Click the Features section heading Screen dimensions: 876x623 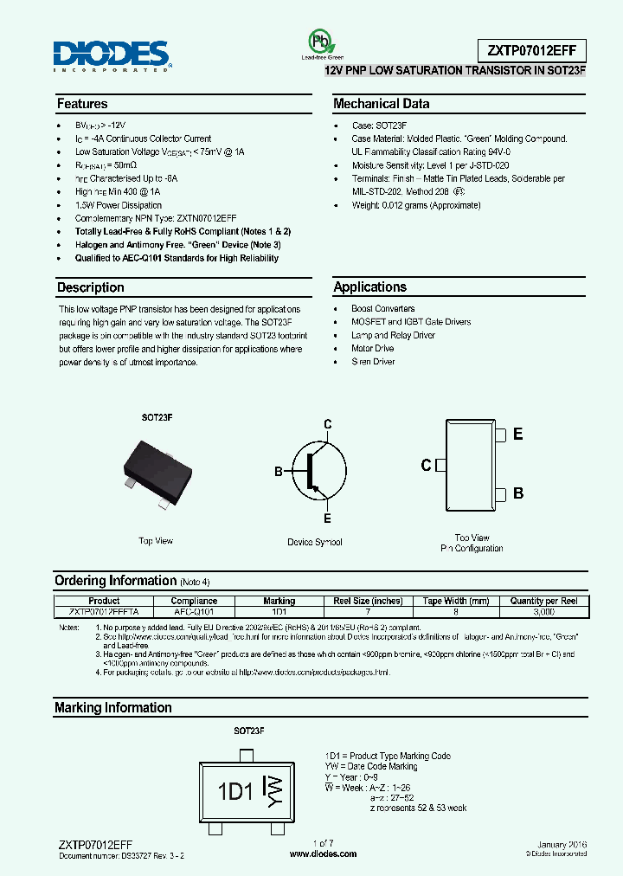coord(82,104)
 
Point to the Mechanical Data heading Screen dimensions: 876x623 coord(381,104)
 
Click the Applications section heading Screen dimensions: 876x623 coord(369,287)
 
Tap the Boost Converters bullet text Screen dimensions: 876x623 coord(382,309)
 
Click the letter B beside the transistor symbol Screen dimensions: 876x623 coord(279,472)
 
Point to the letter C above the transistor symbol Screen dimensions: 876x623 coord(328,424)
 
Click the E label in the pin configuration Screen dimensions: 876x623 coord(518,435)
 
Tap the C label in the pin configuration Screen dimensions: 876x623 coord(426,466)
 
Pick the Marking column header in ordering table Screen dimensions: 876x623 coord(279,601)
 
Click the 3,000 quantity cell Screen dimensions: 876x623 coord(544,610)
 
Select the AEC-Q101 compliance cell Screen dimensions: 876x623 coord(194,610)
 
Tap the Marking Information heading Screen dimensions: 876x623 coord(113,708)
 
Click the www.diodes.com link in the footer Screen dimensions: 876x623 coord(323,854)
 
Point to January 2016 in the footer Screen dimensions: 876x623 coord(562,844)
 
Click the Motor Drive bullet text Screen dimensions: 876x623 coord(372,349)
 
